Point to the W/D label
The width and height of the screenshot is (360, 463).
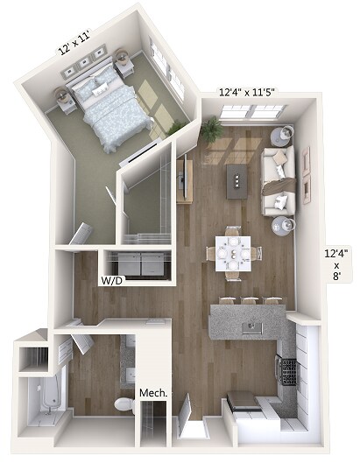[x=110, y=282]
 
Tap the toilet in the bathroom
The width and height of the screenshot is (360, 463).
[x=125, y=404]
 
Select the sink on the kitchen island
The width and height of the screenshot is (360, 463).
[x=252, y=326]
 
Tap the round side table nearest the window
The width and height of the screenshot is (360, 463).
[x=282, y=135]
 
